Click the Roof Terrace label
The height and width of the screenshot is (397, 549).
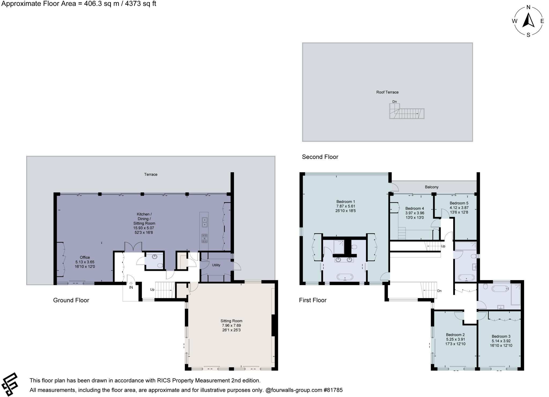point(387,92)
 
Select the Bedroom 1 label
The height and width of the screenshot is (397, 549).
point(346,202)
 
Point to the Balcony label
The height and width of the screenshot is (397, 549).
point(431,187)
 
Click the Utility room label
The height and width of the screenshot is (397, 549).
point(216,265)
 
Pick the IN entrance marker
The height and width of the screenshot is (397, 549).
point(131,287)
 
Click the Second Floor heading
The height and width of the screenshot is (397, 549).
point(320,157)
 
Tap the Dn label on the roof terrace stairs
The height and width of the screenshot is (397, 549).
point(394,102)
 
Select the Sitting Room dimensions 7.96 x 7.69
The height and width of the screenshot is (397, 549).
point(231,325)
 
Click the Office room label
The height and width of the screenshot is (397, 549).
point(85,257)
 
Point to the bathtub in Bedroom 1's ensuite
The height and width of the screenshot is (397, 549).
point(345,277)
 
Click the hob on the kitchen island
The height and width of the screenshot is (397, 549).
point(204,238)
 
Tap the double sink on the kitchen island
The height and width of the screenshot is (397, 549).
point(204,222)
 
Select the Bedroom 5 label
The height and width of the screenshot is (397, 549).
point(459,203)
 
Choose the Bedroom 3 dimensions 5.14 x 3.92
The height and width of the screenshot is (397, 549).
point(501,341)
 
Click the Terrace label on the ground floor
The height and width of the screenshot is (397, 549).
point(151,174)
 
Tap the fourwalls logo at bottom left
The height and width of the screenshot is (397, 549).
point(10,384)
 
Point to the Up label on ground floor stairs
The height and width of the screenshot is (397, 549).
point(152,290)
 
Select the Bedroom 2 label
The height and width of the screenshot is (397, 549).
point(455,335)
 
